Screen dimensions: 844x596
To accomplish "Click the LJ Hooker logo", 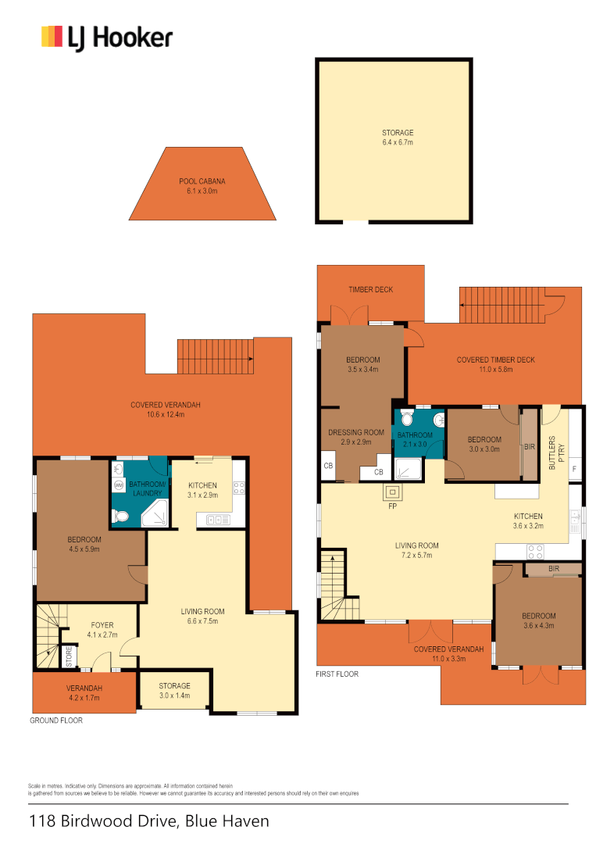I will click(106, 38).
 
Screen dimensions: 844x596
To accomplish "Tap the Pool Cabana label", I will click(202, 186).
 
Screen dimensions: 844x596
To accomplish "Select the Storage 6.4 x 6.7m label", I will click(397, 138).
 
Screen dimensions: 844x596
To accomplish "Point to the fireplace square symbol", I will click(391, 492).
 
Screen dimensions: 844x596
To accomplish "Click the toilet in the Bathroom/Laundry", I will click(120, 516).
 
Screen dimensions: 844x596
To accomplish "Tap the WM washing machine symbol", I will click(119, 485).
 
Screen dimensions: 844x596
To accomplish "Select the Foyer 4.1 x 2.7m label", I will click(102, 630).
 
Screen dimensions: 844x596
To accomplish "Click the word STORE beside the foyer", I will click(69, 655).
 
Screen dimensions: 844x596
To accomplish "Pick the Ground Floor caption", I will click(56, 721).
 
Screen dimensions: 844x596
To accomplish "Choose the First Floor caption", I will click(337, 674).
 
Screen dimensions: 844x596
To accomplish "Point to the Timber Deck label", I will click(370, 290).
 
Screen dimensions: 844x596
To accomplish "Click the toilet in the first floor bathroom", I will click(437, 420).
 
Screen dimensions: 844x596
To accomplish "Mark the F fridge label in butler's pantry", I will click(574, 469).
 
